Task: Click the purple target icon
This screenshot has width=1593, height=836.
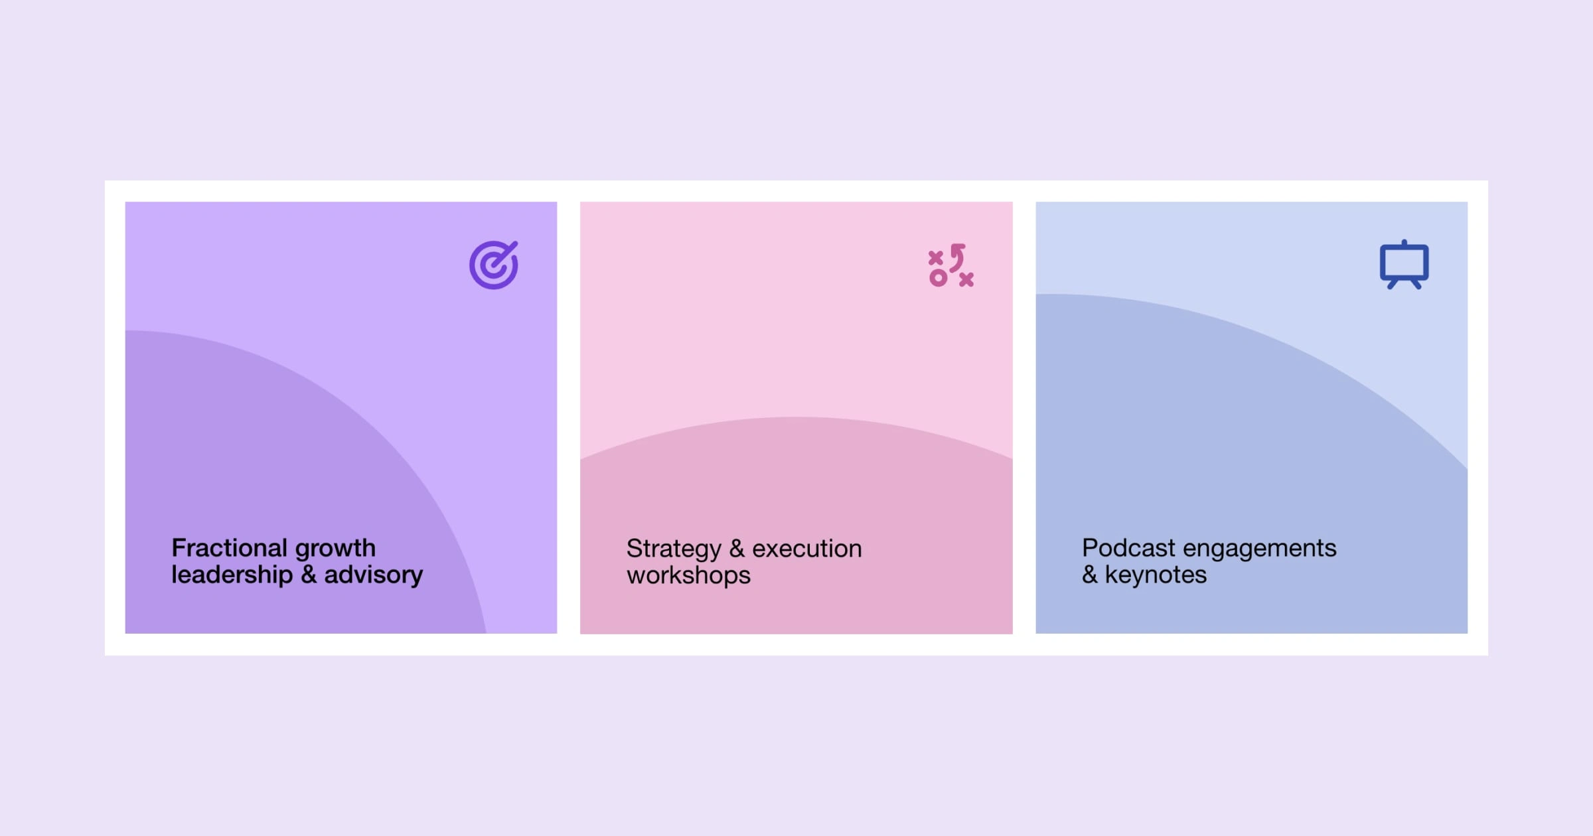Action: tap(494, 265)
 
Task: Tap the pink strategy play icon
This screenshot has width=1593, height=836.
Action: tap(951, 265)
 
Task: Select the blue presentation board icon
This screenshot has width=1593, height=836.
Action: tap(1404, 265)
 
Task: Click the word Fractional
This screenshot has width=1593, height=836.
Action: tap(229, 548)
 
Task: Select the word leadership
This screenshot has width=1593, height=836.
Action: tap(232, 575)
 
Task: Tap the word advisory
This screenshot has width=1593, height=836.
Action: tap(373, 575)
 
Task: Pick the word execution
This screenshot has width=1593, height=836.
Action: tap(807, 549)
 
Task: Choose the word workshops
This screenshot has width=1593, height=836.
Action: tap(688, 576)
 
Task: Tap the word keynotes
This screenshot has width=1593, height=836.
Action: tap(1156, 575)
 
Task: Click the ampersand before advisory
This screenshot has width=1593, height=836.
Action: tap(309, 575)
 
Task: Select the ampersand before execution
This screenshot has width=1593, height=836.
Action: tap(737, 549)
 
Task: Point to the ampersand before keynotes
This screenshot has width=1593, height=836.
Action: tap(1090, 575)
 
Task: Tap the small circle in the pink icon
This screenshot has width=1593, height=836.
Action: tap(938, 278)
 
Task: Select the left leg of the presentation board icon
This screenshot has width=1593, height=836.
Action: tap(1393, 285)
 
